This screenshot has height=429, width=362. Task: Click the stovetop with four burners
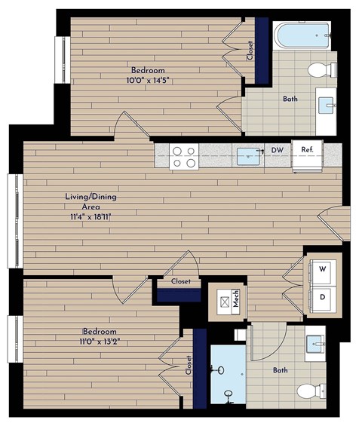point(184,156)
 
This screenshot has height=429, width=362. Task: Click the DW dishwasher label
point(278,150)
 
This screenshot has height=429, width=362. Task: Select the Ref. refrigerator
point(307,150)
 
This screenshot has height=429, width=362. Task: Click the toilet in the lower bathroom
point(311,391)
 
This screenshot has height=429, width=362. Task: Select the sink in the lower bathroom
point(314,345)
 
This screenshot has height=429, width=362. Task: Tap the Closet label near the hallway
point(180,281)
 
